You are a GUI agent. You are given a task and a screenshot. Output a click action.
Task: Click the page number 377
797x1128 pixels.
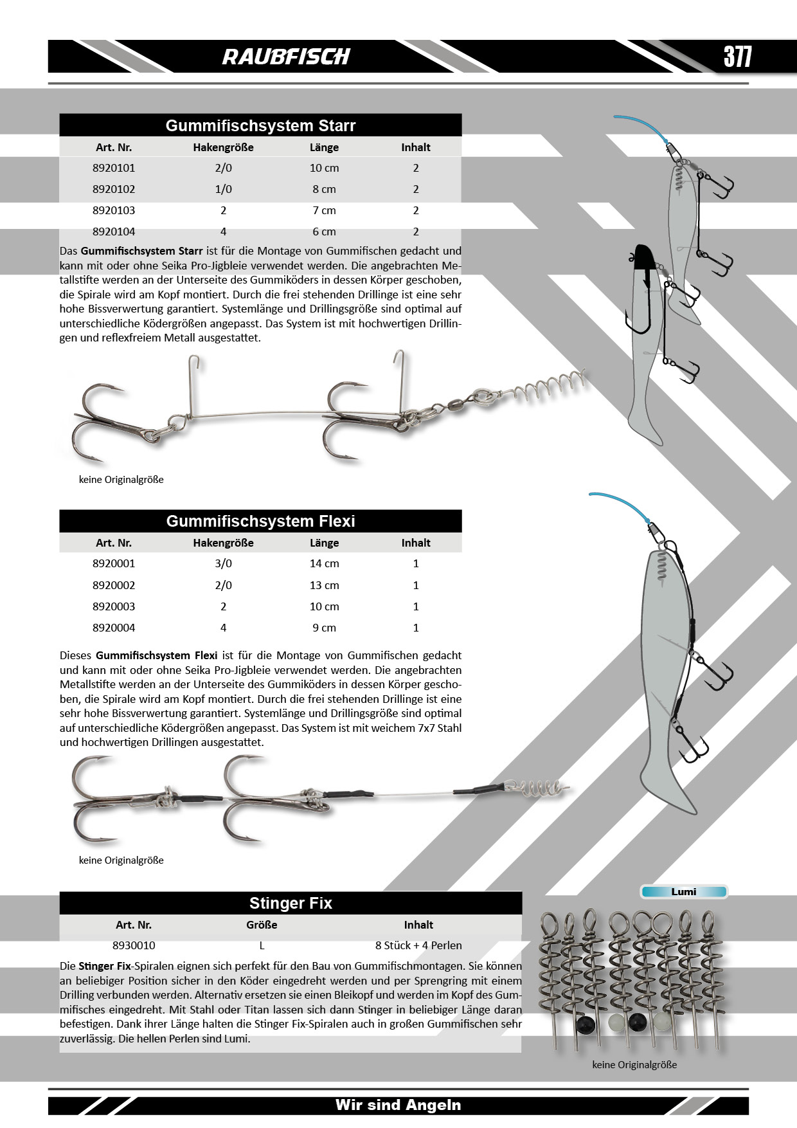click(737, 57)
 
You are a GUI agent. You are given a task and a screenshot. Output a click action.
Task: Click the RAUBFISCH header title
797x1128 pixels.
click(286, 57)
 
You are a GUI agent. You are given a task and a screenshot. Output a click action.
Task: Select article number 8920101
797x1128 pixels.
click(114, 168)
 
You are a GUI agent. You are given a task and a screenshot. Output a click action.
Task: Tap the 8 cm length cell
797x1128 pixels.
click(324, 189)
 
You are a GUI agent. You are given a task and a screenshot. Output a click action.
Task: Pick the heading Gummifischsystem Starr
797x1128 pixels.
click(260, 125)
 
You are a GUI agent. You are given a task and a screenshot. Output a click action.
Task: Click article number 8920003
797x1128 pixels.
click(114, 606)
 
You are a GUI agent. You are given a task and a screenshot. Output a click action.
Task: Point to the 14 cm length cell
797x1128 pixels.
click(324, 563)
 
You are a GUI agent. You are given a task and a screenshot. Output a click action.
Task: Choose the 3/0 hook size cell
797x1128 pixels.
click(223, 563)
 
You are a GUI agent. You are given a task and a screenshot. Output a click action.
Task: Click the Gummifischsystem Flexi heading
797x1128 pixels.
click(260, 521)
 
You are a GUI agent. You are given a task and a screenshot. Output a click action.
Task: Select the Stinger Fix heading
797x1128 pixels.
click(291, 903)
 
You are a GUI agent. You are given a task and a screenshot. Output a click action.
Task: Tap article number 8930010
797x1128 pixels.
click(134, 945)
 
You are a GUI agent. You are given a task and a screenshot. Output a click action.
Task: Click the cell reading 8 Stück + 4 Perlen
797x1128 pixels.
click(418, 945)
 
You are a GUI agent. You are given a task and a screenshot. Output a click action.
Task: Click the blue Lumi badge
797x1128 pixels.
click(683, 891)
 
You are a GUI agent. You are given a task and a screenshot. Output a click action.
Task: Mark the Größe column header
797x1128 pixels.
click(262, 925)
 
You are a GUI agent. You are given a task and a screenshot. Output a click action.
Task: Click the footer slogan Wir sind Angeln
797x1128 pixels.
click(398, 1105)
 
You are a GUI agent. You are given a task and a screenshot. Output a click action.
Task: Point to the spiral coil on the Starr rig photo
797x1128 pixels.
click(553, 384)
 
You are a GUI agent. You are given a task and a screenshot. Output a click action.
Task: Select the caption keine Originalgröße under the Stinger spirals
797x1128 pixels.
click(634, 1064)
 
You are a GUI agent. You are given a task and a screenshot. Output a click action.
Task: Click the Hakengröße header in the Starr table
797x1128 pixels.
click(223, 147)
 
